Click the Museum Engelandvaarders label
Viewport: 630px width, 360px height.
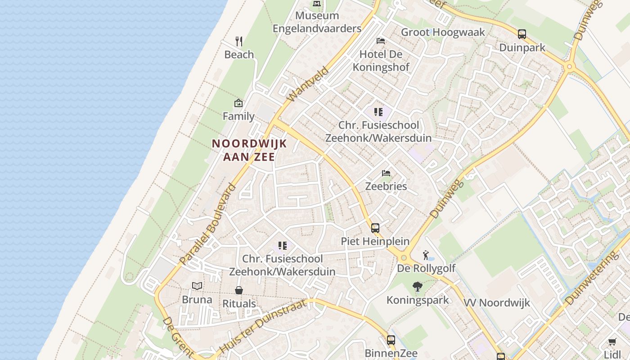click(x=317, y=22)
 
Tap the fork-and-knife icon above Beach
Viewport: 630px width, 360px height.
click(x=239, y=41)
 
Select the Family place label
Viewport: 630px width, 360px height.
click(x=238, y=116)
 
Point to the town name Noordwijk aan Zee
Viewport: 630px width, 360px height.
click(x=249, y=150)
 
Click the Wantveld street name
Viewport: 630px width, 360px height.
click(x=301, y=84)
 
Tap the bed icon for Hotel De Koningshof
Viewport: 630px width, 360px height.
click(x=381, y=41)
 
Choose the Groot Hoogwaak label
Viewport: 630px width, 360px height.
click(x=443, y=32)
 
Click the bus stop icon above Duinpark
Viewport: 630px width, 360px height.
click(x=522, y=34)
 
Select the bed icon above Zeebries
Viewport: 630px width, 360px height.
click(x=386, y=173)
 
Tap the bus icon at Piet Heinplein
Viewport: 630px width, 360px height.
click(x=375, y=228)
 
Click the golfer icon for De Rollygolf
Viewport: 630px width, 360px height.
click(x=426, y=256)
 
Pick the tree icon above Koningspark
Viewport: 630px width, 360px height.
click(x=418, y=286)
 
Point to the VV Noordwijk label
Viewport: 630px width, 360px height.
click(x=497, y=302)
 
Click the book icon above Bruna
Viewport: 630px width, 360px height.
click(x=197, y=286)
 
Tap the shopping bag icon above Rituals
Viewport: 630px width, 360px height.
click(x=239, y=290)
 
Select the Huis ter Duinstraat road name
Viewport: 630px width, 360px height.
click(x=263, y=327)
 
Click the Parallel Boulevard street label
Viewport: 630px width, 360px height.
click(x=207, y=224)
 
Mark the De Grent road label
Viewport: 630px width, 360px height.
click(x=178, y=337)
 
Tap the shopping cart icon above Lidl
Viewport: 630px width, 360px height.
click(x=612, y=342)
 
